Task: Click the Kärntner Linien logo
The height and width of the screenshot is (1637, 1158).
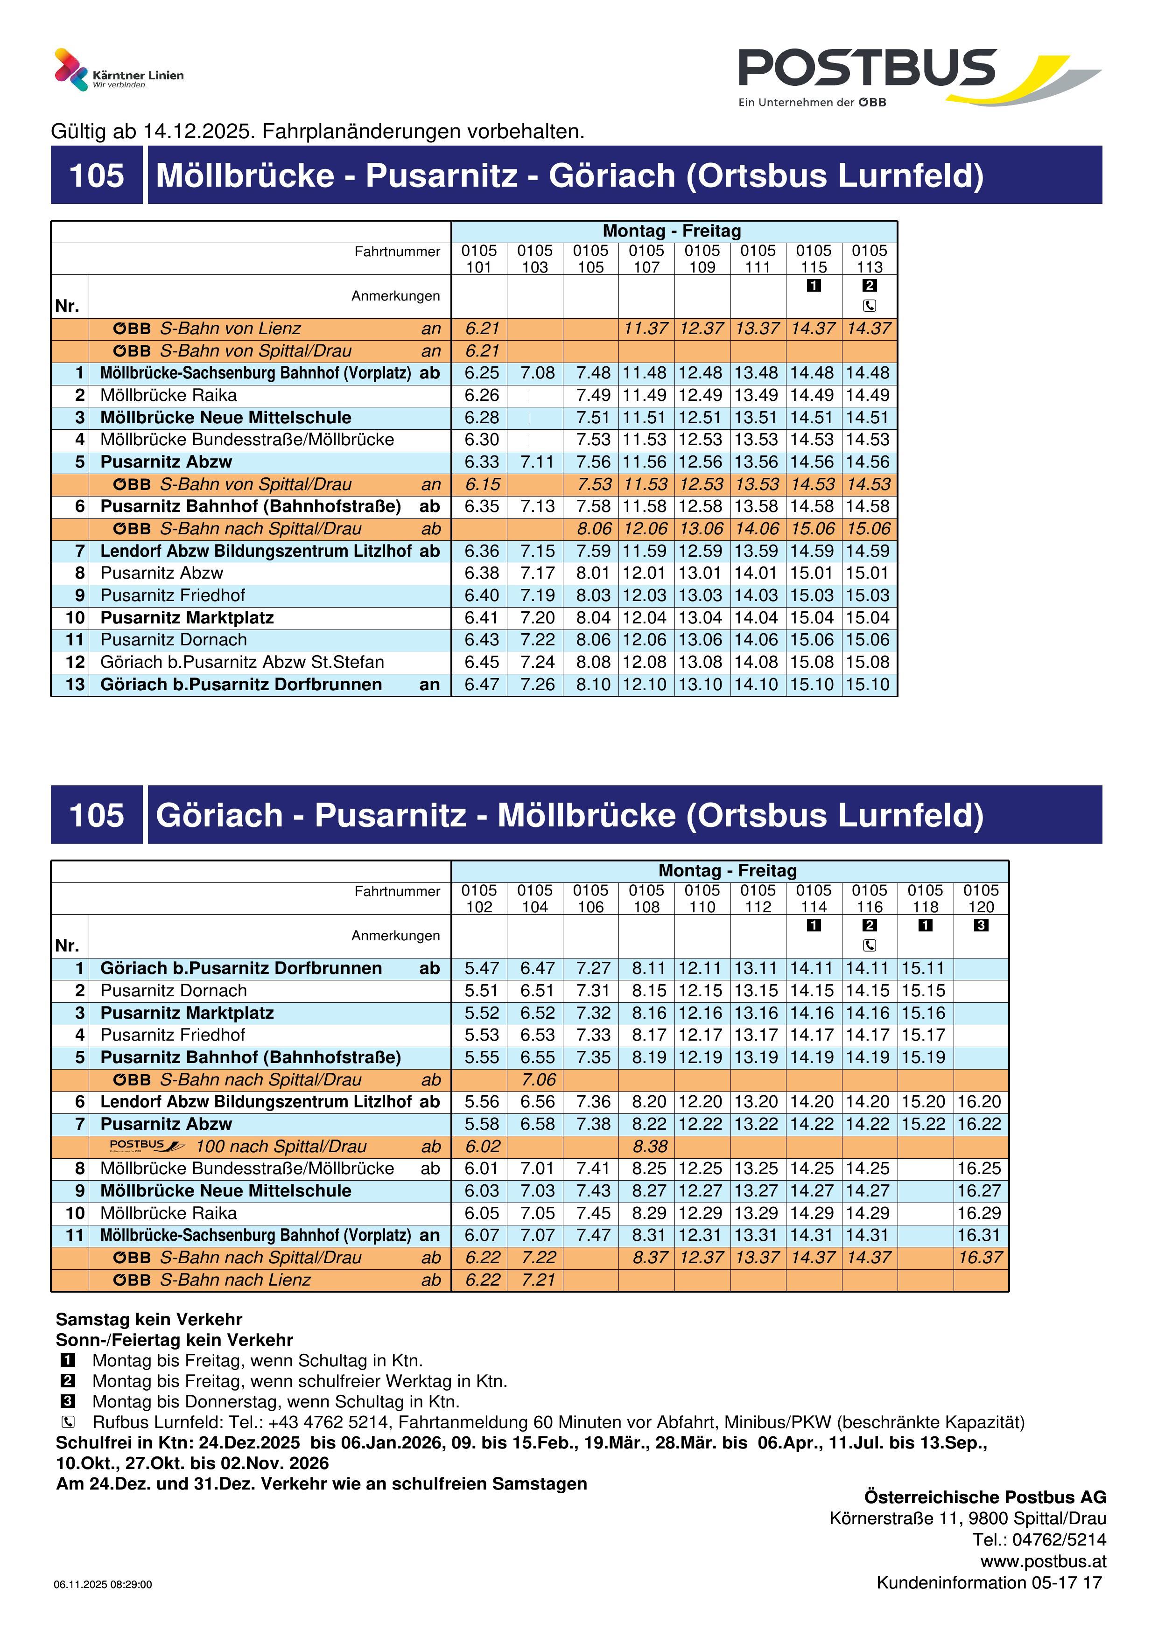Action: [119, 70]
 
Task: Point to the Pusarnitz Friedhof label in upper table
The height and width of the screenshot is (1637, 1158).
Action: [173, 595]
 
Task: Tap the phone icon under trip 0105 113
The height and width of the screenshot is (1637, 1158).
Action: [869, 306]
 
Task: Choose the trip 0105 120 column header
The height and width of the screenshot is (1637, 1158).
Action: [981, 898]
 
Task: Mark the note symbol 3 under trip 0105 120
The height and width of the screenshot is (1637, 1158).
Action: [981, 925]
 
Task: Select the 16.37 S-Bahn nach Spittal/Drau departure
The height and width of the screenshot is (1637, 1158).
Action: [981, 1258]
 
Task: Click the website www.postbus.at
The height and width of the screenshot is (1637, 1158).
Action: [1043, 1561]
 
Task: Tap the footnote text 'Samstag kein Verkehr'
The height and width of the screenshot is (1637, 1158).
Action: [149, 1320]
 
